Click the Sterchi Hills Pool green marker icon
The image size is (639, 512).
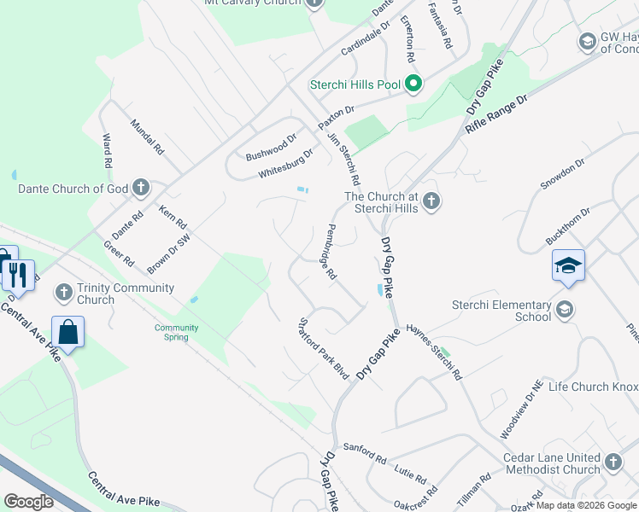pos(413,84)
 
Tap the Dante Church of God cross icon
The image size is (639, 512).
pos(142,188)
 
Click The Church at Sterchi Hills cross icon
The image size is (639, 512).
pos(431,202)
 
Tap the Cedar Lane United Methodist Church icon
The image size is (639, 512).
pos(613,463)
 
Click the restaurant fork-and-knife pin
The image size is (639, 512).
pos(18,275)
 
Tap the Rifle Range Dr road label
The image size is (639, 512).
pos(497,112)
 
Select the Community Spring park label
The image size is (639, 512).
pos(177,332)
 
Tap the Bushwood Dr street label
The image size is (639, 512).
pos(271,148)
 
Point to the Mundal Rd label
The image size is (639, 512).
pos(146,137)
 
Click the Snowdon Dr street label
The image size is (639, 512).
pos(562,174)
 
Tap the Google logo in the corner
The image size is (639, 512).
pos(28,501)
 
